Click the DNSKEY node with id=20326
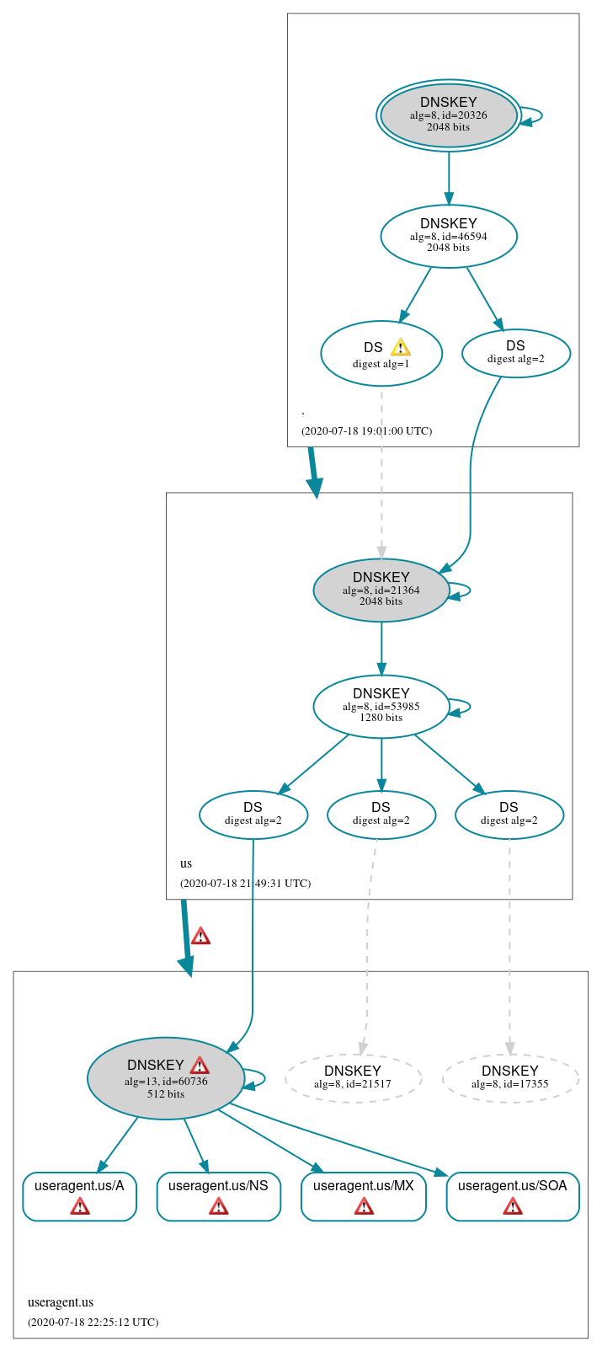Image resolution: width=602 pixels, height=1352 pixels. click(448, 115)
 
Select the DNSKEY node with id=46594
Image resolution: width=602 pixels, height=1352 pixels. click(448, 236)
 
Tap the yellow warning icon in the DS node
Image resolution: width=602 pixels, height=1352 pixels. click(400, 347)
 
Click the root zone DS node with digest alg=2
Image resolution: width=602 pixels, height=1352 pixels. click(515, 352)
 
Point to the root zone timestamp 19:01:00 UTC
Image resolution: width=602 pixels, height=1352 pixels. click(366, 430)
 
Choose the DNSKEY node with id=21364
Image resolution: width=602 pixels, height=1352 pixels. click(381, 590)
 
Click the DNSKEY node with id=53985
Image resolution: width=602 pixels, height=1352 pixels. click(381, 706)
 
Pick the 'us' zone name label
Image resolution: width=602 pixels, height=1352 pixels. click(186, 863)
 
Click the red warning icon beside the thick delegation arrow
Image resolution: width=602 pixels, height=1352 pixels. click(200, 936)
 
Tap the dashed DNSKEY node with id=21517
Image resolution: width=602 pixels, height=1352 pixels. click(353, 1077)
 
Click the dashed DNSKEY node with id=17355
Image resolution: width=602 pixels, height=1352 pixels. click(509, 1077)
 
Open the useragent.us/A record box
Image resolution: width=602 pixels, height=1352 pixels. click(79, 1195)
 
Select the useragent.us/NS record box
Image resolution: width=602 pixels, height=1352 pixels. click(218, 1195)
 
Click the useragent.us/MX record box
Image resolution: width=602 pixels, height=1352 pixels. click(363, 1195)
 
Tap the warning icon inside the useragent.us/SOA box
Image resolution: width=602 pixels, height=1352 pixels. click(512, 1207)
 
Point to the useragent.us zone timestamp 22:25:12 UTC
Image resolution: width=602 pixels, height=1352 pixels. click(93, 1322)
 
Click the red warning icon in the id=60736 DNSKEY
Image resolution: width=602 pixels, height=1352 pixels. click(200, 1066)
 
